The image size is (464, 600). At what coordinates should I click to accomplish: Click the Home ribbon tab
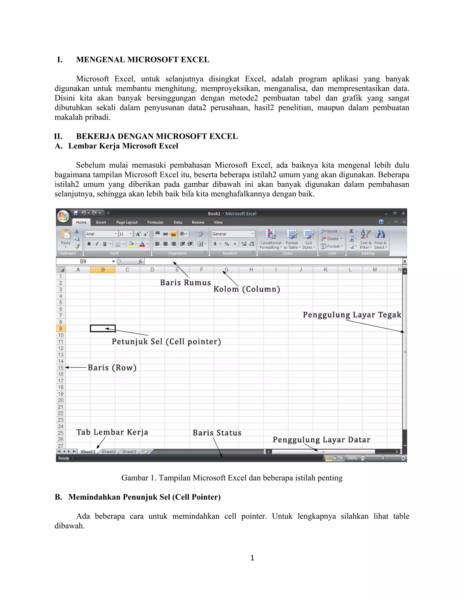coord(81,222)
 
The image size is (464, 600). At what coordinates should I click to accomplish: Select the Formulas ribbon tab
coord(155,222)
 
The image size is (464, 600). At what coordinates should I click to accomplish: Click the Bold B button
coord(89,244)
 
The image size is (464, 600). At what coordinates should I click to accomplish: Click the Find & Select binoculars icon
coord(380,234)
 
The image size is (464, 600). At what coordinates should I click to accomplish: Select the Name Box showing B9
coord(85,261)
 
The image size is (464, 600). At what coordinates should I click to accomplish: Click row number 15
coord(61,367)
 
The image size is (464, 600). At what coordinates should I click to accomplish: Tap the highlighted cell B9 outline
coord(103,328)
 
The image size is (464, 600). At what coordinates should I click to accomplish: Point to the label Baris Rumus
coord(185,283)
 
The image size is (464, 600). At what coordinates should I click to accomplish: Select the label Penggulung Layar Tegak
coord(352,315)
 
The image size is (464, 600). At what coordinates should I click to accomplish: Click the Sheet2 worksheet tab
coord(109,452)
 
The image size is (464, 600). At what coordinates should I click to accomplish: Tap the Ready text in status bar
coord(63,458)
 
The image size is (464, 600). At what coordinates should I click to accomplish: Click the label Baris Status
coord(217,433)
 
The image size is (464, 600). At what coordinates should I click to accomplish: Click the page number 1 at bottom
coord(252,558)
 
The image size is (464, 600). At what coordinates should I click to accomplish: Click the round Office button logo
coord(63,216)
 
